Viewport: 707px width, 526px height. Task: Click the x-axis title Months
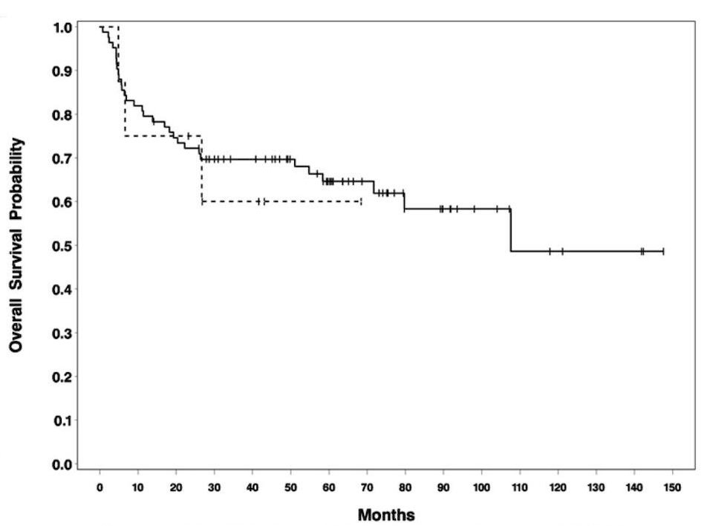386,515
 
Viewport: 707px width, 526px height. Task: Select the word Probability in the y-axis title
16,180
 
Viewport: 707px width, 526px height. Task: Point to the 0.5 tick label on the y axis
62,245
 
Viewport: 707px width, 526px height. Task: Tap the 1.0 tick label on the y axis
62,27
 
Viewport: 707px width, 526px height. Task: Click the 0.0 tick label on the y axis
62,464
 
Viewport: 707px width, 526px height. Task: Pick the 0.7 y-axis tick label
62,158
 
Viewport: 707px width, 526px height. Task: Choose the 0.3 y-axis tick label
62,333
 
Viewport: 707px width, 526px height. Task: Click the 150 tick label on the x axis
672,487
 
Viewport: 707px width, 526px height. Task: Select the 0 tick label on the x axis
100,487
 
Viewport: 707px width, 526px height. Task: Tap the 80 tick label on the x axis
405,487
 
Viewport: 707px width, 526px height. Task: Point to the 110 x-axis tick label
519,487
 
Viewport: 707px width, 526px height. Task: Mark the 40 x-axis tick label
252,487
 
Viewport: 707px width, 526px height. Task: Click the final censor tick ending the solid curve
663,251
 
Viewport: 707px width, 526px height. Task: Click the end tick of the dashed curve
361,201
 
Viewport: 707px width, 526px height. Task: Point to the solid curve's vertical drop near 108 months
511,230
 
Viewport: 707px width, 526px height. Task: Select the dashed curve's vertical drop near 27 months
201,169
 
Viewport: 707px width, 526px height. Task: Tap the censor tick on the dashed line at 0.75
188,136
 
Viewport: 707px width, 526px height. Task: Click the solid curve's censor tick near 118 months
550,251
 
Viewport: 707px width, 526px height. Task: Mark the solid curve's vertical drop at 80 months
405,201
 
